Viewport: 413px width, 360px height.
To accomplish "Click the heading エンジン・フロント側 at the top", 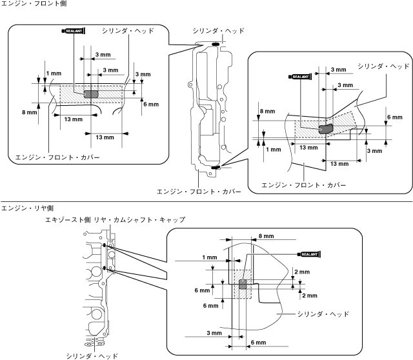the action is coord(34,3).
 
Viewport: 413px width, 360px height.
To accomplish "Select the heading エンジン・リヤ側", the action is coord(27,208).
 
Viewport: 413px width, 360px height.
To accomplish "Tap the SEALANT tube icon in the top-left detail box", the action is coord(74,31).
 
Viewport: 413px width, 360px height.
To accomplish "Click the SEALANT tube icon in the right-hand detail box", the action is coord(300,77).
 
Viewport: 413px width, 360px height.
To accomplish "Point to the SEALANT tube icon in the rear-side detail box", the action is coord(309,254).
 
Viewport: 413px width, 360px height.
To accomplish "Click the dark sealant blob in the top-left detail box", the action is coord(91,94).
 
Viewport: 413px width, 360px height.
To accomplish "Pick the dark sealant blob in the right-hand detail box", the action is coord(326,129).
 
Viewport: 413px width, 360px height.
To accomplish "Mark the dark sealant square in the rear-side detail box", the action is coord(243,285).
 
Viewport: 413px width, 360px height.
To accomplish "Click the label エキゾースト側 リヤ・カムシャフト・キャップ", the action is coord(115,219).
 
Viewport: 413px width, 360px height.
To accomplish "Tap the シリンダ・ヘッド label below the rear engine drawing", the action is coord(92,356).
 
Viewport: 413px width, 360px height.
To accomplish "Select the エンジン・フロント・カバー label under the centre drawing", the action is coord(199,192).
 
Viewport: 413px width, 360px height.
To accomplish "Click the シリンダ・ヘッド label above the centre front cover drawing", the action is coord(219,31).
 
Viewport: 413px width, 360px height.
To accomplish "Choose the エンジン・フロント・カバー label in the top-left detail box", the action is coord(57,157).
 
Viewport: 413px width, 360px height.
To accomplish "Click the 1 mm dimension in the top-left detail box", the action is coord(54,74).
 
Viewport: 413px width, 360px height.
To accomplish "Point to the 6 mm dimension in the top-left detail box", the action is coord(151,105).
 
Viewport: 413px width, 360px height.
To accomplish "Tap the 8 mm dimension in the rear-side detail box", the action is coord(267,236).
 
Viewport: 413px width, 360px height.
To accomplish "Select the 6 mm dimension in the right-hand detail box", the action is coord(395,117).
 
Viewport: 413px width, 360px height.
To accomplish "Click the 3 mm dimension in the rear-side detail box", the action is coord(214,333).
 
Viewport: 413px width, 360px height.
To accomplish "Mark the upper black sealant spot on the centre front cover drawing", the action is coord(215,44).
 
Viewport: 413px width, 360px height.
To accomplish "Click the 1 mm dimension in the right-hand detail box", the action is coord(274,150).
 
